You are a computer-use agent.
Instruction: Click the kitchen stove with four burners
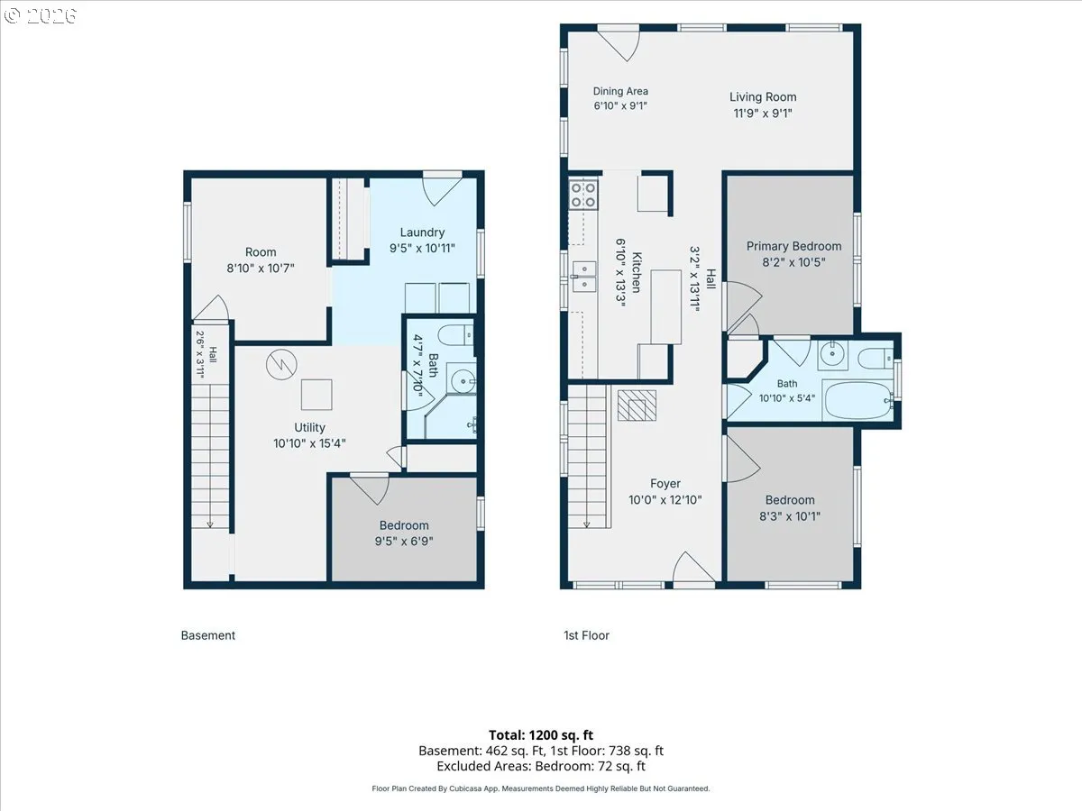583,195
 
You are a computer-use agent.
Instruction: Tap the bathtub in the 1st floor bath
858,401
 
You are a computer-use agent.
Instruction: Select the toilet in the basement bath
455,335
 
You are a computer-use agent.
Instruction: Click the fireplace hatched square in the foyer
637,405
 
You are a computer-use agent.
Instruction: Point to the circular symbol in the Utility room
281,364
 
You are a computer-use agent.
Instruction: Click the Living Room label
763,97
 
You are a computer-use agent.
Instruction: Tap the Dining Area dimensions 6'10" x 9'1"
620,105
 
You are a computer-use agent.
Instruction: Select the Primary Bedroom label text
793,246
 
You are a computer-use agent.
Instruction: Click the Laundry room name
423,232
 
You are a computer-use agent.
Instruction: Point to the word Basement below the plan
208,635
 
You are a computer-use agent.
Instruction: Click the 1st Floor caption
587,635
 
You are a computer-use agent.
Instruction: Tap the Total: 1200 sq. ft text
541,735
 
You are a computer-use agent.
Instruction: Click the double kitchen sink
584,277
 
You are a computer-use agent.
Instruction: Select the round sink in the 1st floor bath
832,354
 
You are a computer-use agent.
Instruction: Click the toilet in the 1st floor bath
876,358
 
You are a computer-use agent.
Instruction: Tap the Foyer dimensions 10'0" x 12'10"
665,500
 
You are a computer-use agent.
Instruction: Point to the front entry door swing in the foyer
693,568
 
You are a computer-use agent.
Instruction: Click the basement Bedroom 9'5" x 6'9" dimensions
404,542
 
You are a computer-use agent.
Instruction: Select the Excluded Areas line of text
541,766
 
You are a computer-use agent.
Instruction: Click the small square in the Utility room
316,395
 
